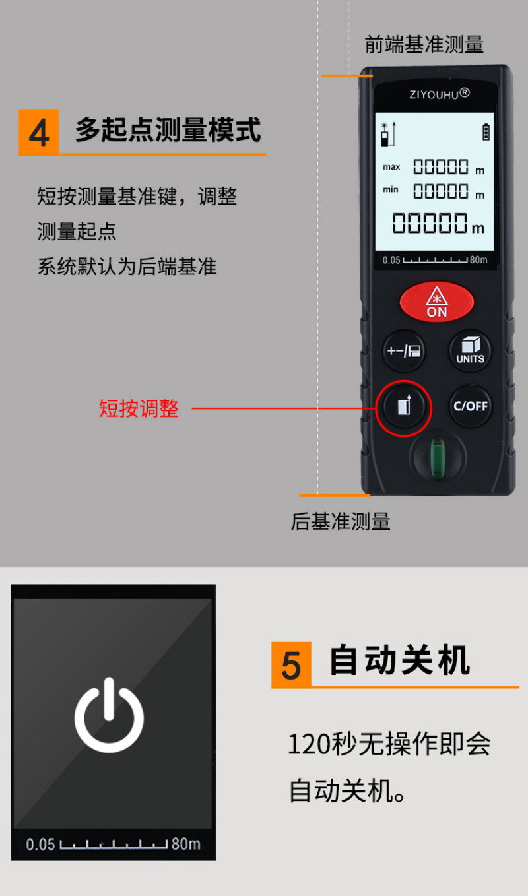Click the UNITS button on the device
[471, 351]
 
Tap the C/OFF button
[471, 406]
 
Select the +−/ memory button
[404, 351]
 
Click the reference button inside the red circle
[404, 407]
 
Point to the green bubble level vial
[438, 457]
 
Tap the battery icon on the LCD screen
[486, 131]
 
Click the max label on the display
[391, 167]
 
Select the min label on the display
[391, 189]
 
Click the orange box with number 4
[39, 132]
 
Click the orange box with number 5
[291, 665]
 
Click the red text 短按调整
[139, 408]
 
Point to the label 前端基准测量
[424, 44]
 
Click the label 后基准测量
[341, 522]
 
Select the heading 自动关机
[399, 660]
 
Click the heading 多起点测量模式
[168, 130]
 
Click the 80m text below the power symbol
[185, 844]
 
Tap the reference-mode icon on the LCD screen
[388, 134]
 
